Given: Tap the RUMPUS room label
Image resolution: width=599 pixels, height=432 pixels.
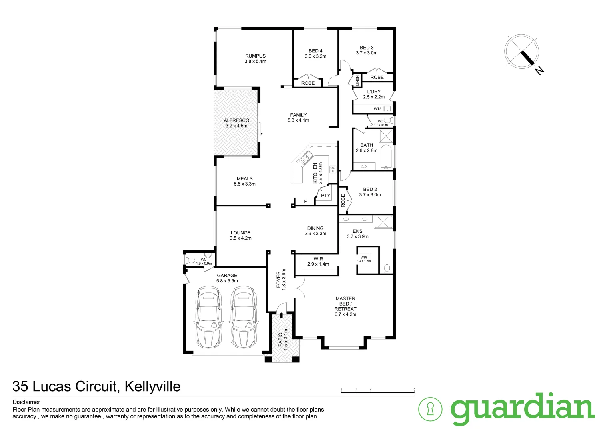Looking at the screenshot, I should (255, 56).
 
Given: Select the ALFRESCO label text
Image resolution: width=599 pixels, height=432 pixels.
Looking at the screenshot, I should (236, 120).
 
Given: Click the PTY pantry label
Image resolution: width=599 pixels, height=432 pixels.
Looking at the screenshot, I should (326, 196).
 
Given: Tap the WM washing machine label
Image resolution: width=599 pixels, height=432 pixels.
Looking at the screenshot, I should (377, 109).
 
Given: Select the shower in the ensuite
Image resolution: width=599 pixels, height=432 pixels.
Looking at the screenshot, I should (383, 222).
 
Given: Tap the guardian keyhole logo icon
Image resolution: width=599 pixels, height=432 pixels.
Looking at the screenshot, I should (430, 409).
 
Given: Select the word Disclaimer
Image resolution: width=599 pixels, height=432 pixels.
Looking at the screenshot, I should (26, 402).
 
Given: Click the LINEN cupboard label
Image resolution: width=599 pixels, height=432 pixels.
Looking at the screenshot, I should (357, 80).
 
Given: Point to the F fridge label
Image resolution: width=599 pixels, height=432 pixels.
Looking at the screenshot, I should (305, 202).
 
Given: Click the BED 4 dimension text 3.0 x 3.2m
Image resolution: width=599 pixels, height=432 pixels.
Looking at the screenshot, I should (315, 56).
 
